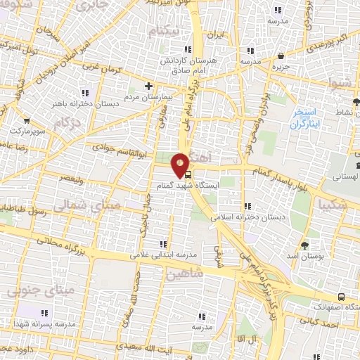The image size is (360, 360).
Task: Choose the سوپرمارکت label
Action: click(27, 131)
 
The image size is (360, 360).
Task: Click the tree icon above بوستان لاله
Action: click(304, 245)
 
